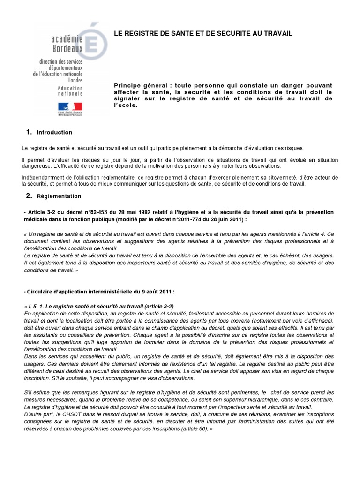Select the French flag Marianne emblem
pyautogui.click(x=70, y=107)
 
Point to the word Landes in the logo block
pyautogui.click(x=75, y=80)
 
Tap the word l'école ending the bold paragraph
pyautogui.click(x=125, y=105)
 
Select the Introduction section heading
pyautogui.click(x=54, y=132)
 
